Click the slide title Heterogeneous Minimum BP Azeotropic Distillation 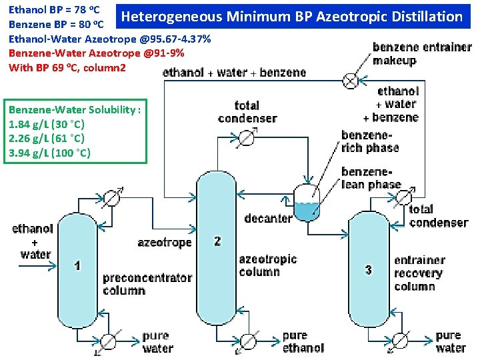[292, 16]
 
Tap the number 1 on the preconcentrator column [78, 266]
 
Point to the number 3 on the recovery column [368, 269]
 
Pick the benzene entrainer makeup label [422, 54]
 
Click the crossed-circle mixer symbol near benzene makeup [349, 81]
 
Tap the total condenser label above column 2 [247, 112]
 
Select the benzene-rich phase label [370, 141]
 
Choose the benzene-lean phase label [371, 178]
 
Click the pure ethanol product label [303, 341]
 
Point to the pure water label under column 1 [157, 341]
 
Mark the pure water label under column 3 [451, 341]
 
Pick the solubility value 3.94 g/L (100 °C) [50, 153]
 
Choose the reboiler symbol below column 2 [251, 339]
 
